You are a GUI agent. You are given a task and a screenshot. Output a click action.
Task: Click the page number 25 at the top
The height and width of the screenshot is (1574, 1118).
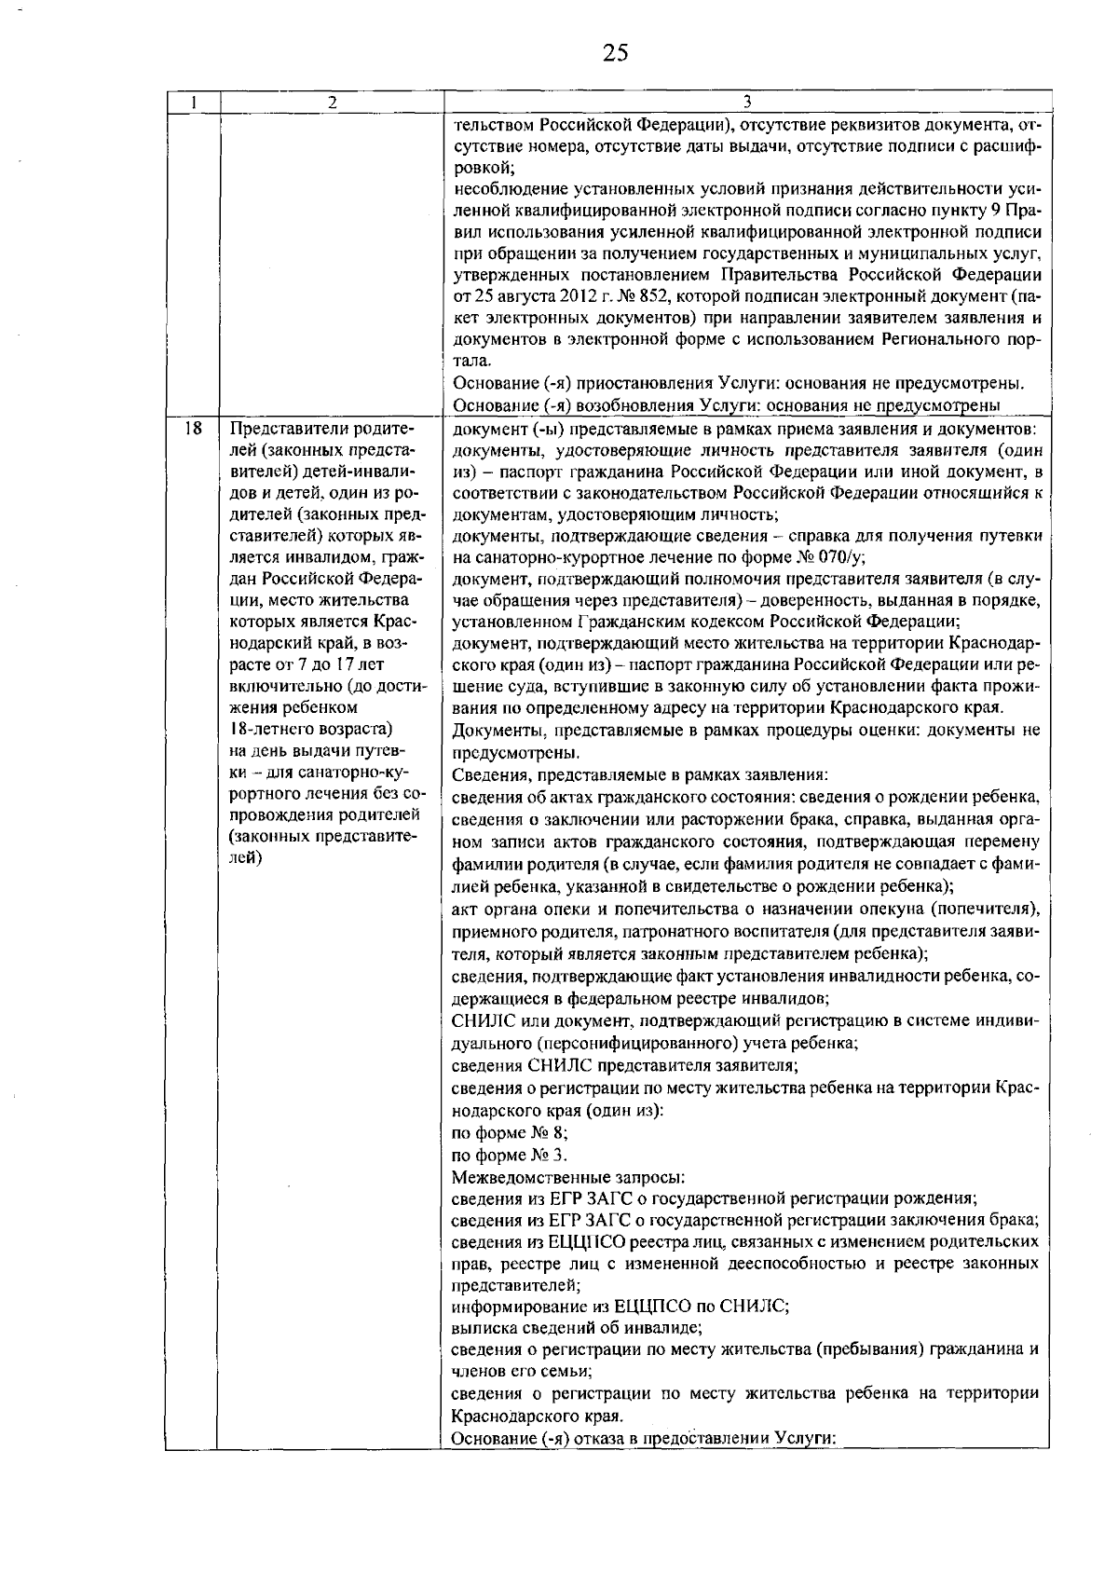pos(615,52)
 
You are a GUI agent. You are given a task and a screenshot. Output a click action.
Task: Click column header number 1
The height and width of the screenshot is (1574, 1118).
pos(192,101)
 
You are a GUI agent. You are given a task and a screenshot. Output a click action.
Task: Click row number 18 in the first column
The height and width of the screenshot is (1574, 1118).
pos(193,430)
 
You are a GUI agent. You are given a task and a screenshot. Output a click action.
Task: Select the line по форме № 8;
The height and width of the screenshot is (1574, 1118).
pos(510,1133)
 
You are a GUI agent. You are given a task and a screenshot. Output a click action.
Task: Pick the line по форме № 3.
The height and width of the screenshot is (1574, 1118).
pos(510,1156)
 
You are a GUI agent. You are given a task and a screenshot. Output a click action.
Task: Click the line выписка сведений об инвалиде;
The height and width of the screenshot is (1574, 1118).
pos(577,1327)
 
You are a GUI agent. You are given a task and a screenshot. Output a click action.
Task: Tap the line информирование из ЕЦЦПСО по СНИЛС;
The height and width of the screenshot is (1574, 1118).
pos(620,1306)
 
